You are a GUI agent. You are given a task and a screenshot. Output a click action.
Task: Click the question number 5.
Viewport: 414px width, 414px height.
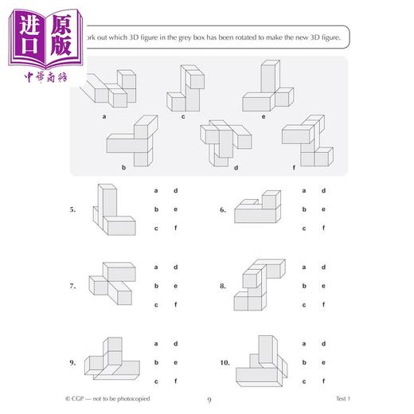pyautogui.click(x=72, y=210)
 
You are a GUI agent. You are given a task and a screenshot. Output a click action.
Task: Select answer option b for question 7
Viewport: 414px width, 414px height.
pyautogui.click(x=157, y=286)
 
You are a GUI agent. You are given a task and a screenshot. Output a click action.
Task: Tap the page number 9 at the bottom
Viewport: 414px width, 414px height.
pyautogui.click(x=207, y=400)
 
